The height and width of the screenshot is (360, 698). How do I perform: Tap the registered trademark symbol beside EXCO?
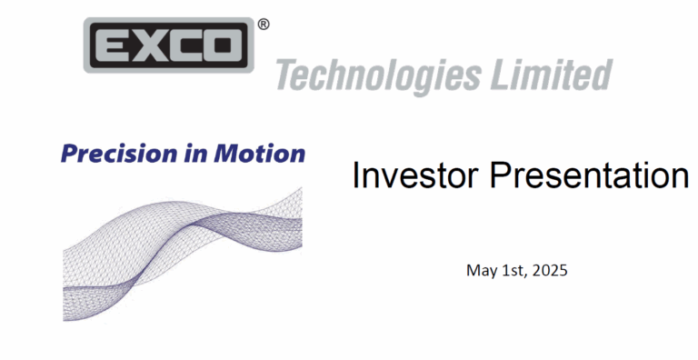point(263,25)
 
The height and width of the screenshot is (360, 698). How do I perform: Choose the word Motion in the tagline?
point(259,154)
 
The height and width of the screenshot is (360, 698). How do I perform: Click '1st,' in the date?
point(514,270)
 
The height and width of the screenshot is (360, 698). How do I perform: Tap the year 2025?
point(551,270)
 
